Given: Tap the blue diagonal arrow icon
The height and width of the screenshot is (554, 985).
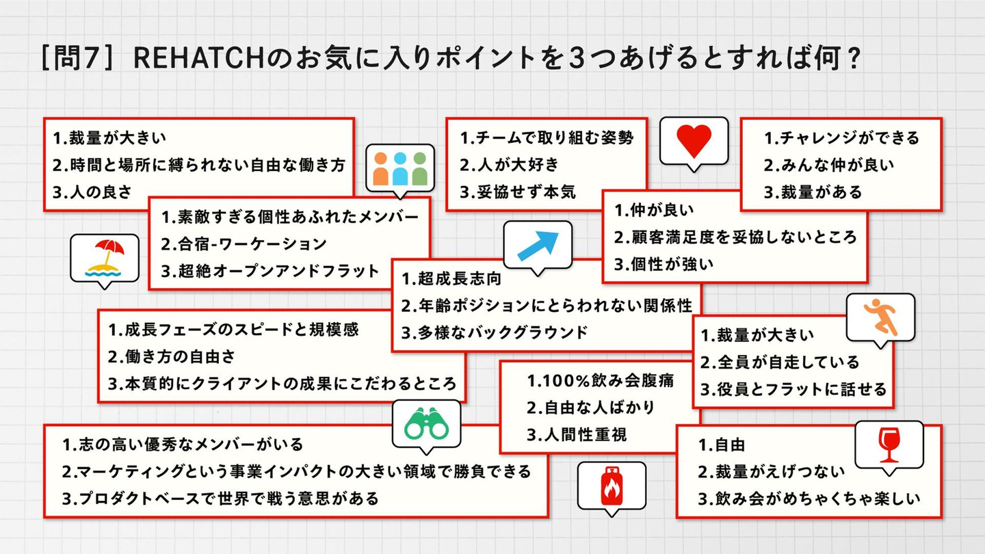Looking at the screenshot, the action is pyautogui.click(x=538, y=246).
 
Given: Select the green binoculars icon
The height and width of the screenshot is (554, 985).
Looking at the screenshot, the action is pyautogui.click(x=426, y=424).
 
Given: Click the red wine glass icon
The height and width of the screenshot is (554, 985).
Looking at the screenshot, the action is pyautogui.click(x=889, y=445).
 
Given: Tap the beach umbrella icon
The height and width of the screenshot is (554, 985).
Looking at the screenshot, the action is pyautogui.click(x=104, y=259).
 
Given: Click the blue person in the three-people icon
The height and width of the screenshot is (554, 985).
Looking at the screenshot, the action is pyautogui.click(x=399, y=169).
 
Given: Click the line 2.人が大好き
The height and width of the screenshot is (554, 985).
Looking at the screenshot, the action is pyautogui.click(x=509, y=165).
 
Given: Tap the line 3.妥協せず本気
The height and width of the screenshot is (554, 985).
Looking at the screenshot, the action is pyautogui.click(x=518, y=192).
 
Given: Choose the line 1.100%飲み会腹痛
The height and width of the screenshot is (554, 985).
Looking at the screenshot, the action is pyautogui.click(x=601, y=381).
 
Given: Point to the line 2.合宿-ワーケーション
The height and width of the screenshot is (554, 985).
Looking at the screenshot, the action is pyautogui.click(x=244, y=244).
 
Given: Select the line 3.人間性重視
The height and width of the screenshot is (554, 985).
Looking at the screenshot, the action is pyautogui.click(x=577, y=435).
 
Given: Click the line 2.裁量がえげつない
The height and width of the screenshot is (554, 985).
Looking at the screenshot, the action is pyautogui.click(x=772, y=472).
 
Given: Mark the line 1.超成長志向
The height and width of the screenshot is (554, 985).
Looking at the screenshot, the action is pyautogui.click(x=451, y=279).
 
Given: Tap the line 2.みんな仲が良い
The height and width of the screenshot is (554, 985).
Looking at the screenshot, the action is pyautogui.click(x=829, y=165).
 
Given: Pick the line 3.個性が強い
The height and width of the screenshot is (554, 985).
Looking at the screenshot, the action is pyautogui.click(x=664, y=264).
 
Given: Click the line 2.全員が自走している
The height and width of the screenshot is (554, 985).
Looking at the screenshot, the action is pyautogui.click(x=780, y=362).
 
